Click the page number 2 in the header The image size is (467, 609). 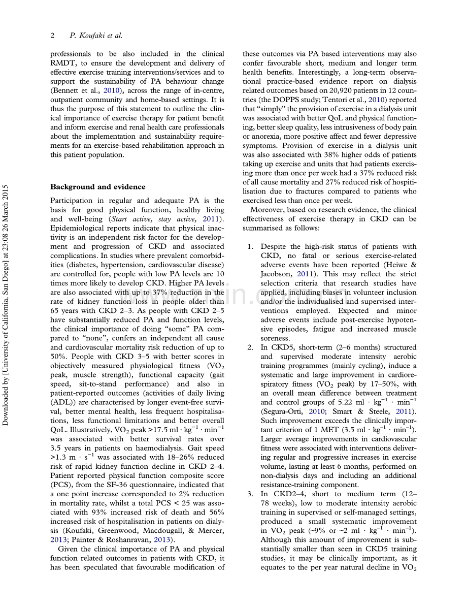(x=52, y=36)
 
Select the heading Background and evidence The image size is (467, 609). (x=97, y=186)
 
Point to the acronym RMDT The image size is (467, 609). (x=63, y=63)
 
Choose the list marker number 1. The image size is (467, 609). (x=250, y=246)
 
